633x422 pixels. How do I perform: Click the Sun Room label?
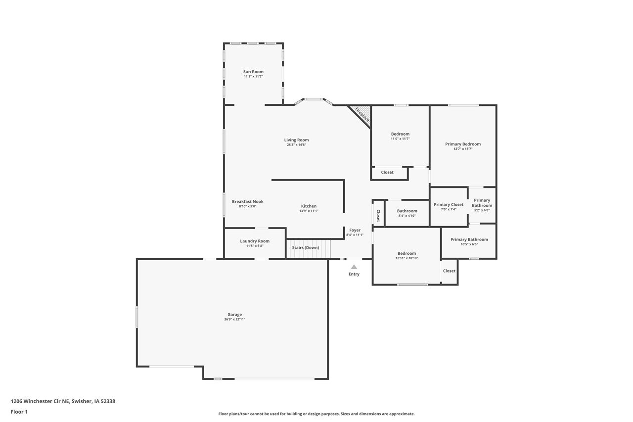[x=253, y=72]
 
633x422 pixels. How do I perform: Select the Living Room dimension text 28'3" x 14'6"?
[x=296, y=145]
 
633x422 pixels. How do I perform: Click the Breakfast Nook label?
[x=247, y=201]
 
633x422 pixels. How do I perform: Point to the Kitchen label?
[x=309, y=206]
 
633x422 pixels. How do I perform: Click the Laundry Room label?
[x=255, y=241]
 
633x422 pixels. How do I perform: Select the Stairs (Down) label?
[x=305, y=247]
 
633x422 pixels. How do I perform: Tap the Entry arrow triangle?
[x=354, y=267]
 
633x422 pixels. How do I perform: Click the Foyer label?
[x=355, y=230]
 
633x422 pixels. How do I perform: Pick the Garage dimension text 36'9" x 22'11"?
[x=234, y=320]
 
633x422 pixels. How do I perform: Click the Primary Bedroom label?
[x=463, y=144]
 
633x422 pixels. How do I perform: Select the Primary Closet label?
[x=449, y=204]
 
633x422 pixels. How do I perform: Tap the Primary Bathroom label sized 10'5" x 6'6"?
[x=469, y=239]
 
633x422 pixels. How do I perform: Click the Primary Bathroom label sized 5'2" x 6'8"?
[x=482, y=203]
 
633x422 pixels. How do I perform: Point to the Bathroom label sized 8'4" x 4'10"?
[x=407, y=211]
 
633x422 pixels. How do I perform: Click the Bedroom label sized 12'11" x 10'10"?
[x=407, y=253]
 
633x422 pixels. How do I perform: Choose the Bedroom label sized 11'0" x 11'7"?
[x=400, y=134]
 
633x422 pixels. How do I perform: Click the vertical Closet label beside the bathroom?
[x=378, y=216]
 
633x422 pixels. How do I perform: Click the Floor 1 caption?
[x=19, y=412]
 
